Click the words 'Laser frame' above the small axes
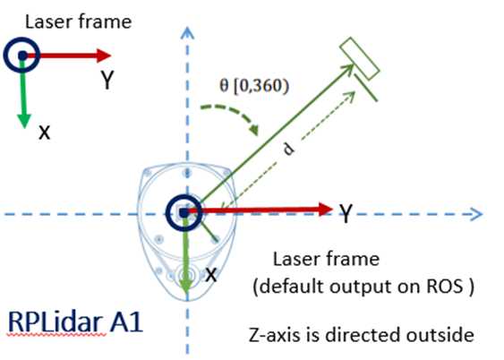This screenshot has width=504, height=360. coord(78,21)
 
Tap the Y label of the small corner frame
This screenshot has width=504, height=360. coord(107,81)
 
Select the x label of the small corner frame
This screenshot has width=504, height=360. coord(45,133)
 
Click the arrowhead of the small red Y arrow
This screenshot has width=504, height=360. coord(104,56)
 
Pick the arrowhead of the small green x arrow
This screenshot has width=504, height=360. coord(24,121)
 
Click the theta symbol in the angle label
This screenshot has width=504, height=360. coord(224,85)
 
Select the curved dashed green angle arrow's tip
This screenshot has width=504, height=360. coord(254,130)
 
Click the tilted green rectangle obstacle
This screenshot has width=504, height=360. coord(360,58)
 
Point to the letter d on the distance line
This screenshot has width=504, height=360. coord(288,150)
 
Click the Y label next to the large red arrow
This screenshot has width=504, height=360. coord(346,213)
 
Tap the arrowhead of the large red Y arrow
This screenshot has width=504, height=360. coord(325,210)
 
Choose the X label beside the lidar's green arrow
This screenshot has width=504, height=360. coord(210,275)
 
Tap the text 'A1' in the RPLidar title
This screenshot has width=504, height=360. coord(126,322)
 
